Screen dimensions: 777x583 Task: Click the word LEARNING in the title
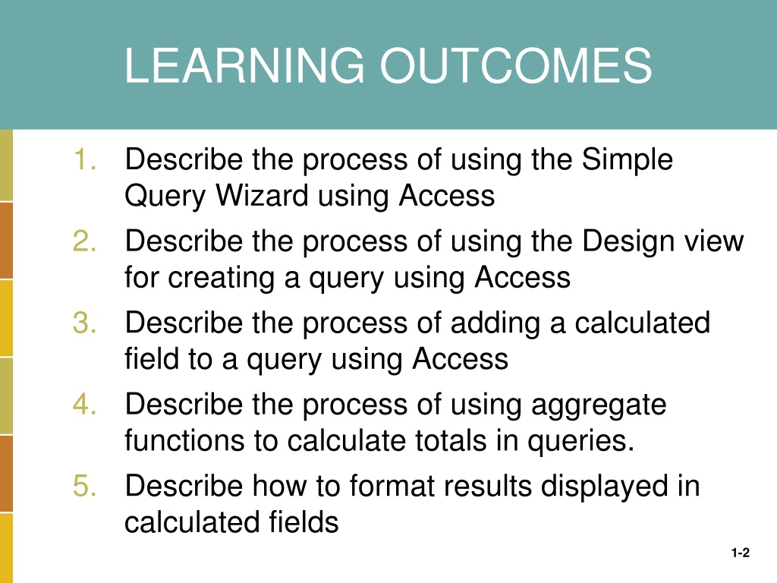click(x=244, y=65)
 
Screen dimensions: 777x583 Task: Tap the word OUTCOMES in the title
click(x=516, y=65)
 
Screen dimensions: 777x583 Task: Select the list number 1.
click(x=85, y=159)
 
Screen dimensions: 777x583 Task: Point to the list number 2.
click(x=85, y=241)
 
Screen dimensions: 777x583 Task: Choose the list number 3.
click(x=85, y=323)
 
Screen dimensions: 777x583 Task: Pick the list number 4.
click(x=85, y=404)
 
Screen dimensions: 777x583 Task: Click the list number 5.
click(x=85, y=486)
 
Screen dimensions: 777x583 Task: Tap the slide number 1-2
click(x=741, y=553)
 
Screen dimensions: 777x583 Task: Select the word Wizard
click(x=262, y=195)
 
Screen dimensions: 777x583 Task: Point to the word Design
click(x=628, y=242)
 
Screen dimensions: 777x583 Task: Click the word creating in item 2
click(x=222, y=278)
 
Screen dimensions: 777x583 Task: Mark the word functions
click(x=184, y=440)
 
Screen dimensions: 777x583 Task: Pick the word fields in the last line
click(x=304, y=522)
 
